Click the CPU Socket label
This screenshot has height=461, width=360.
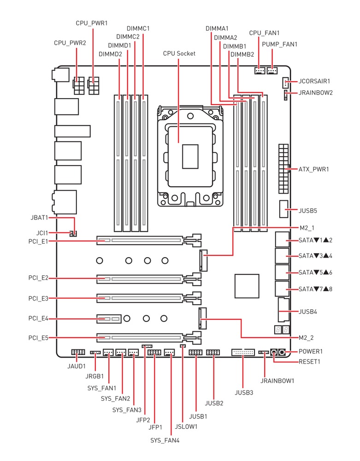click(x=179, y=53)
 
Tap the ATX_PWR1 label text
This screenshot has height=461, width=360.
click(x=313, y=170)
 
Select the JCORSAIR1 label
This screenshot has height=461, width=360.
click(x=314, y=81)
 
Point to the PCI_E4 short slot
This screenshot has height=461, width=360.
click(x=108, y=318)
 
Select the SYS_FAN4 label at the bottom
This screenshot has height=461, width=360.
click(x=165, y=440)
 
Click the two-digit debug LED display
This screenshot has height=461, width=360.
click(x=282, y=330)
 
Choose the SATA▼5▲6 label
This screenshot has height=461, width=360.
click(x=315, y=272)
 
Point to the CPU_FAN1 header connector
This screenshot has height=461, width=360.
click(x=260, y=71)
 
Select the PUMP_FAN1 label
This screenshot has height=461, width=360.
click(x=279, y=44)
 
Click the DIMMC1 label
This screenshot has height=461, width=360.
click(x=139, y=29)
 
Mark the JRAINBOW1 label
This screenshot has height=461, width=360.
click(x=277, y=381)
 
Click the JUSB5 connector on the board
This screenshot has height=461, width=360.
click(x=284, y=209)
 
